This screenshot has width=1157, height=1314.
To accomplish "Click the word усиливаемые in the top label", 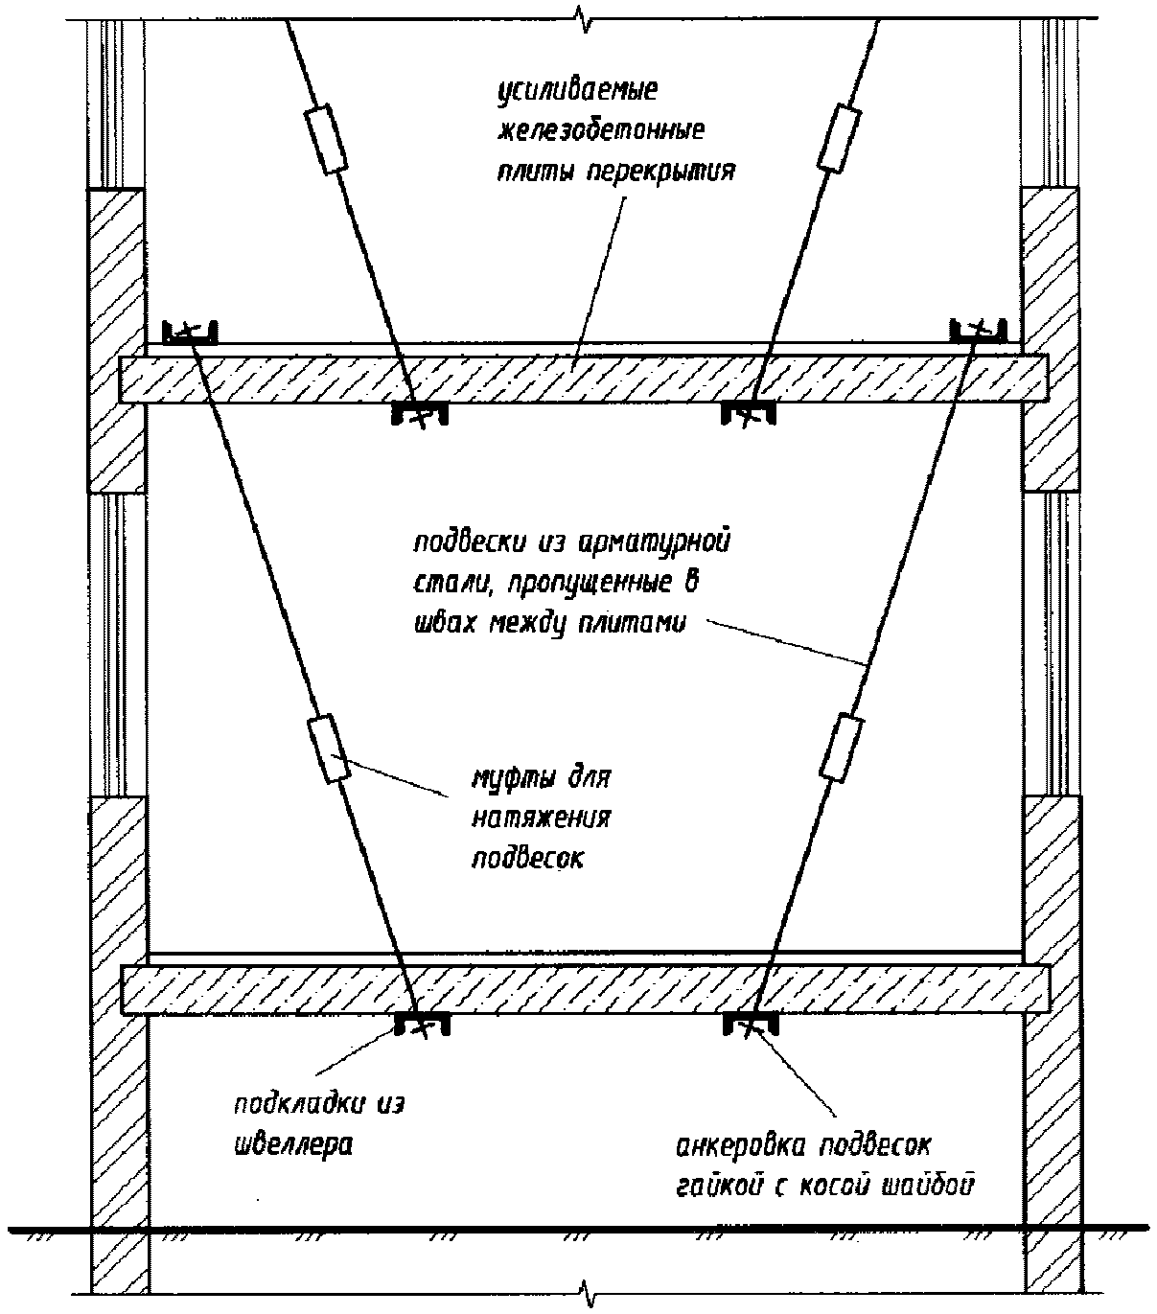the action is click(577, 91).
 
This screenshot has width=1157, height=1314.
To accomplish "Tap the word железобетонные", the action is click(602, 131).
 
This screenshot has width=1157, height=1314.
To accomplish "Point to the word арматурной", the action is click(654, 542).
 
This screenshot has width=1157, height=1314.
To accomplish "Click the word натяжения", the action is click(542, 818).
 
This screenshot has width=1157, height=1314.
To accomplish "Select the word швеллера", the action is click(292, 1145).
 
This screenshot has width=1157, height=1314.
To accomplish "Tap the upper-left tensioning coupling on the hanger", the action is click(326, 139).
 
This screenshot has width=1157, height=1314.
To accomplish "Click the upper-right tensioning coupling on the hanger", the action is click(840, 139).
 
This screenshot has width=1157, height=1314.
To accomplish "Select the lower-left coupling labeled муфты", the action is click(328, 749).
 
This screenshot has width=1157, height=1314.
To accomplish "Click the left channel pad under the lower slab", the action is click(423, 1024).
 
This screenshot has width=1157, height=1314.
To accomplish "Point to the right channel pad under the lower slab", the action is click(751, 1024).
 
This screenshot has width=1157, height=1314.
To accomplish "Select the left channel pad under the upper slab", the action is click(420, 413).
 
